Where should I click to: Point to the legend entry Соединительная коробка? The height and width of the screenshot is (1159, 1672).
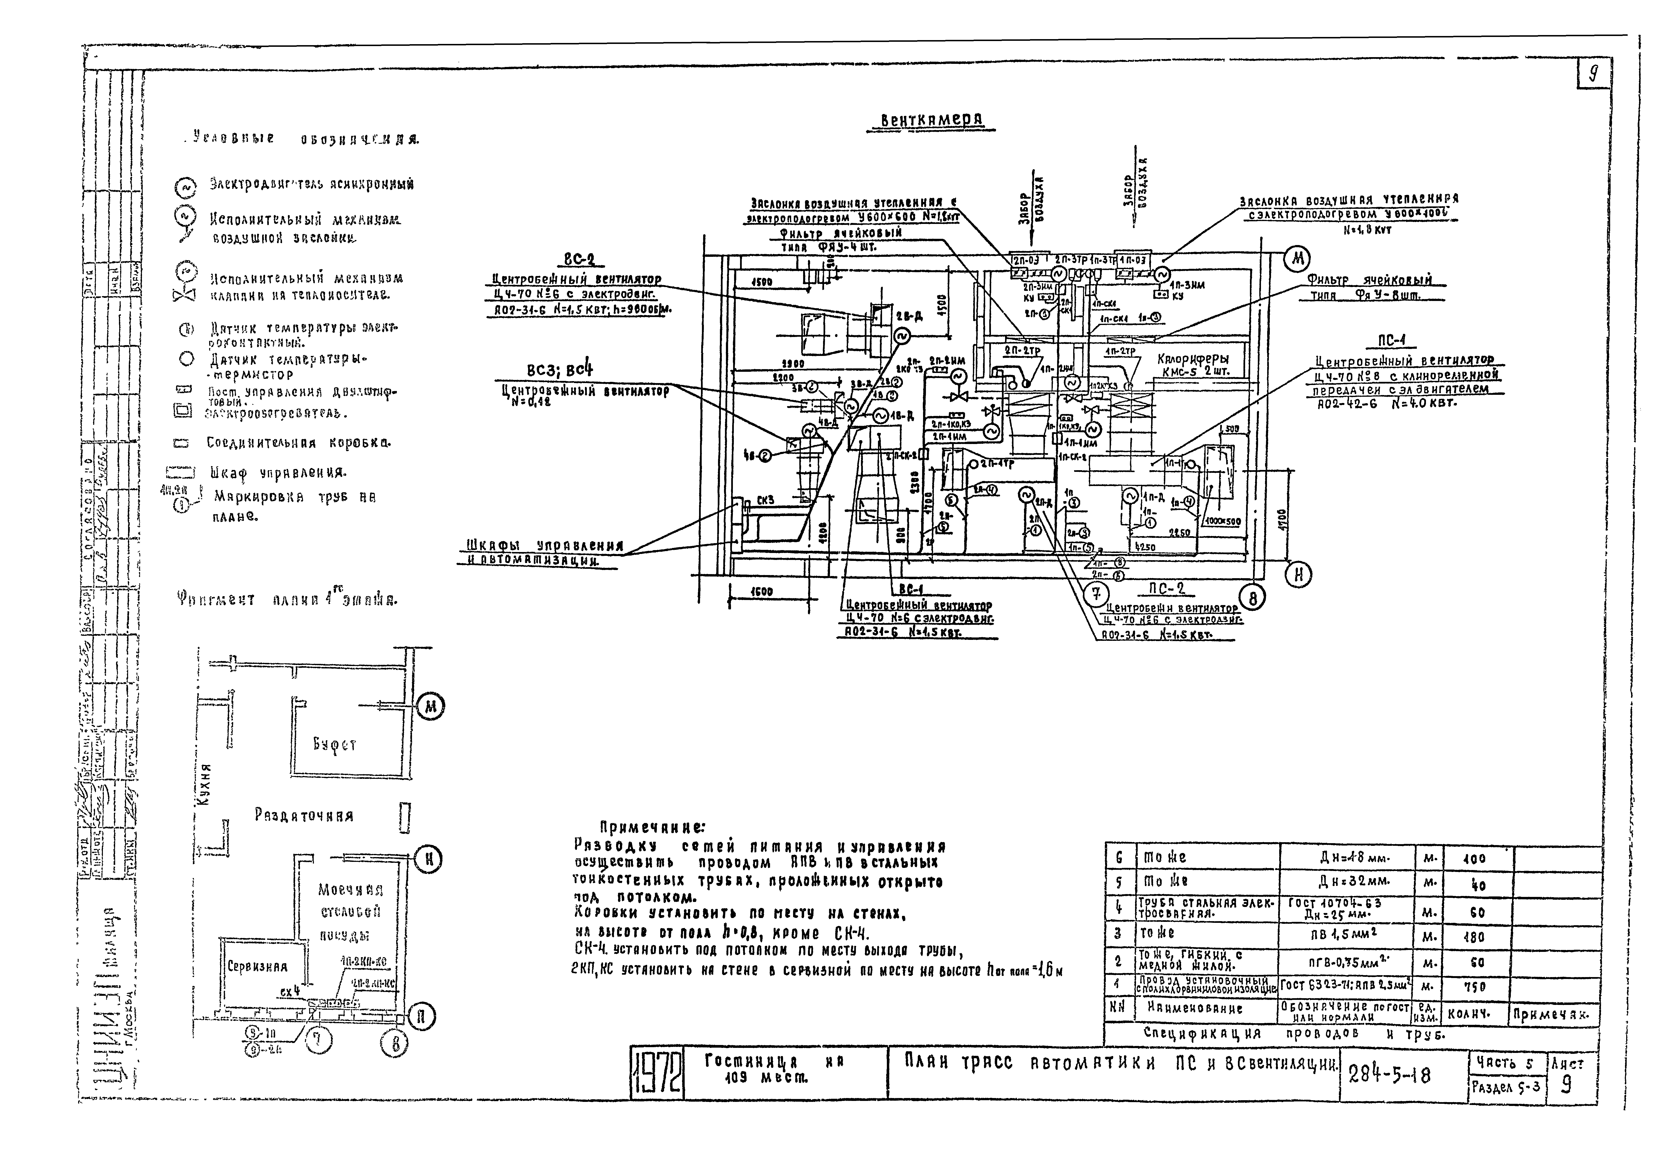point(298,442)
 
